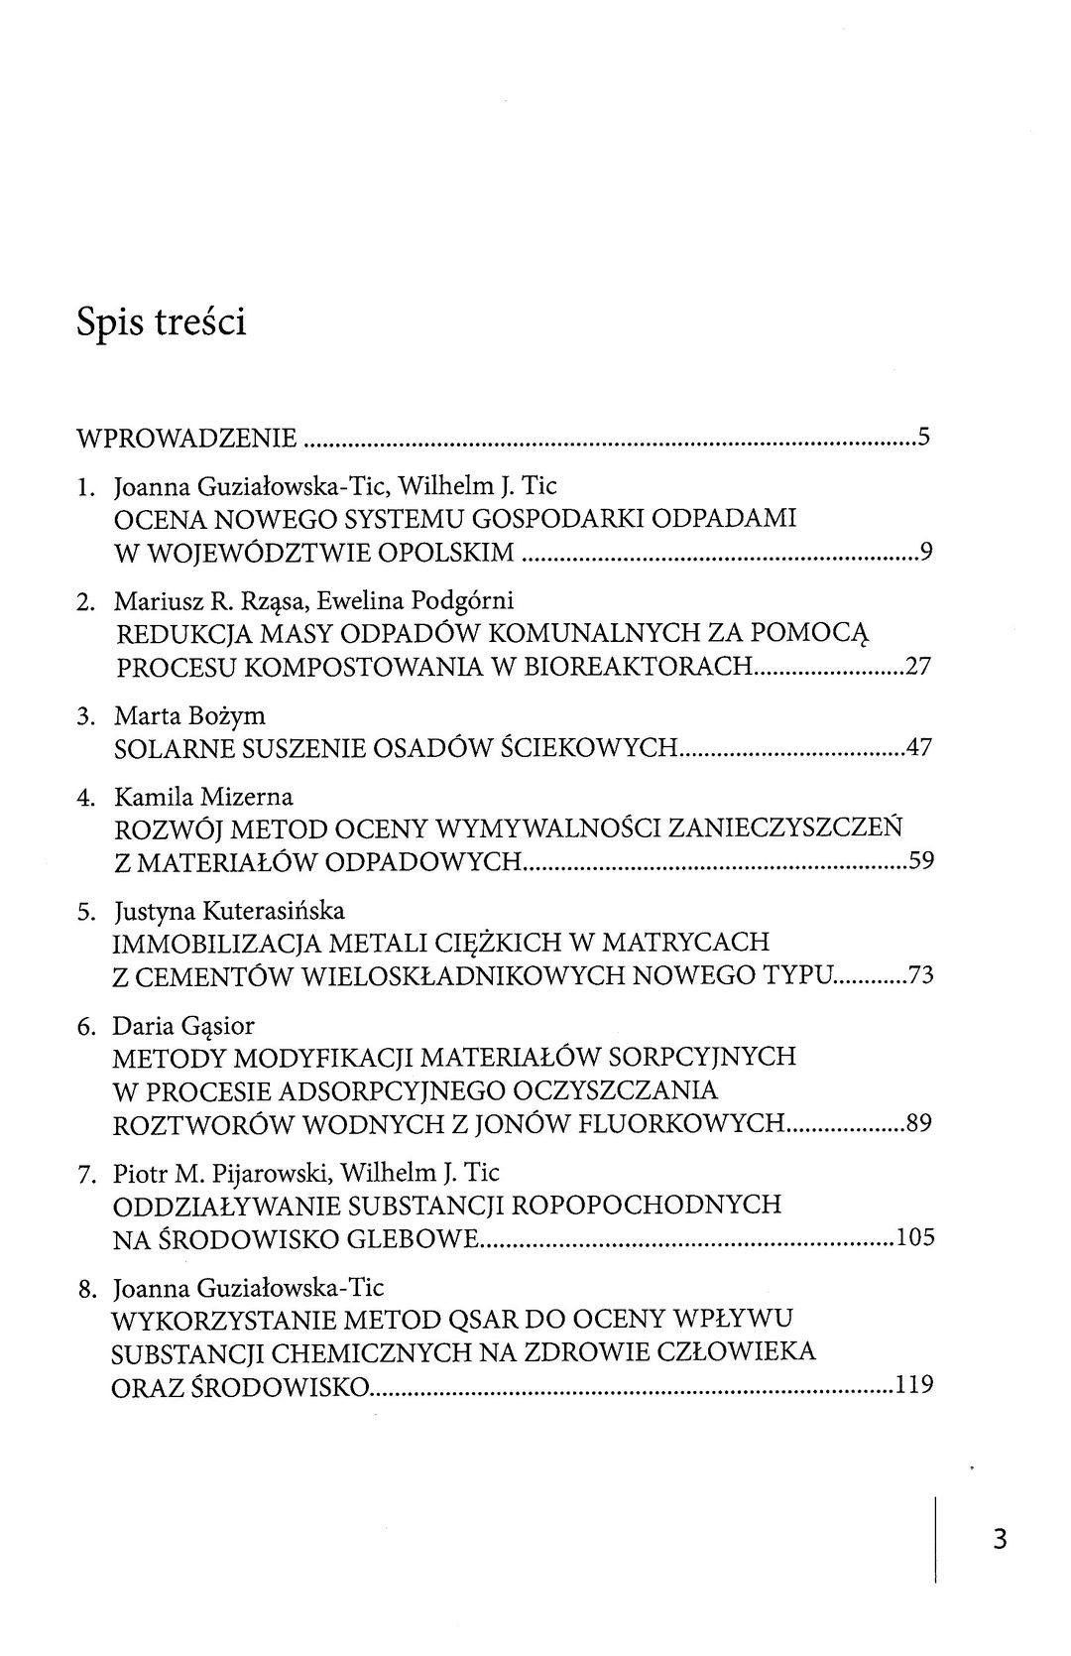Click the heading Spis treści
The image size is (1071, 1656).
[x=162, y=323]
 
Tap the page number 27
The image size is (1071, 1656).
[x=919, y=666]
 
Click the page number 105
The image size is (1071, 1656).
[x=915, y=1238]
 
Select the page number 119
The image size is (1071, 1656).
[x=914, y=1385]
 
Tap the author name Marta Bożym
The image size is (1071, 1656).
[x=189, y=715]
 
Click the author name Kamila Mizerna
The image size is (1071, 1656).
[x=204, y=797]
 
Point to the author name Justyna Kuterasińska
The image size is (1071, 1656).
[x=230, y=911]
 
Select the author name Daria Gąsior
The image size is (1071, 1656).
[x=186, y=1026]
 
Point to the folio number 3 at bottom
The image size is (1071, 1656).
[x=999, y=1539]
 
